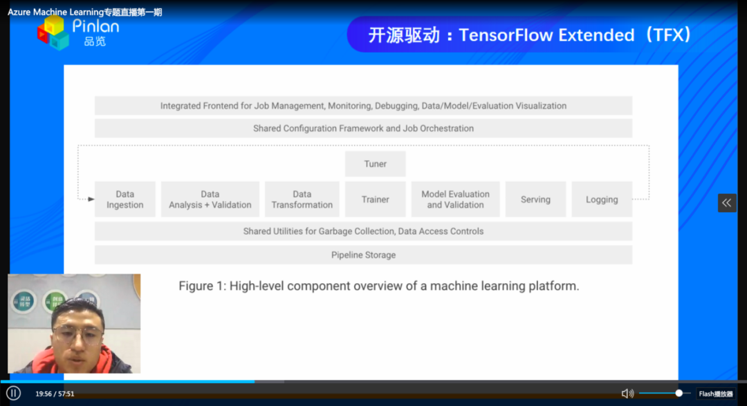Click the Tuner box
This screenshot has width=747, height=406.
click(x=376, y=164)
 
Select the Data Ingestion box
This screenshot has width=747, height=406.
click(x=124, y=199)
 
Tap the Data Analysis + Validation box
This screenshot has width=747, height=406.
click(x=210, y=199)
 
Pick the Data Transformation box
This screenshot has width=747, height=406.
click(x=302, y=199)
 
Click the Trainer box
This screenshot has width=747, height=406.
click(x=376, y=199)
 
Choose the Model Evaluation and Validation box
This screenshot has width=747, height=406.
click(x=455, y=199)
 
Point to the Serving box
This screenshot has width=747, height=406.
click(x=535, y=199)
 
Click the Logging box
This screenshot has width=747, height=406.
click(x=602, y=199)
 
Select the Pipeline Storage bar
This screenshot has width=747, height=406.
click(x=364, y=255)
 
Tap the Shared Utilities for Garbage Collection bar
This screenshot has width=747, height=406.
click(x=364, y=231)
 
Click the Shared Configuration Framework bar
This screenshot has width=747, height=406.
click(x=364, y=128)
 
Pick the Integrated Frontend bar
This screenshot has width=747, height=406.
click(x=364, y=106)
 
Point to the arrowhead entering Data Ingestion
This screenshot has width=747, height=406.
click(x=91, y=199)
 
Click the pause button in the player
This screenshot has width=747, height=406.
click(x=13, y=393)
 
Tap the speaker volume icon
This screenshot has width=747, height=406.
click(x=627, y=393)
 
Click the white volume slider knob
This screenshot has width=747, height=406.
click(x=679, y=393)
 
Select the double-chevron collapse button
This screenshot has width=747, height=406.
click(x=727, y=203)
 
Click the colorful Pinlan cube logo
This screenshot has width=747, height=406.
click(x=53, y=32)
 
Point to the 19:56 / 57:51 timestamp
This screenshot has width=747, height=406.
click(x=55, y=394)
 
